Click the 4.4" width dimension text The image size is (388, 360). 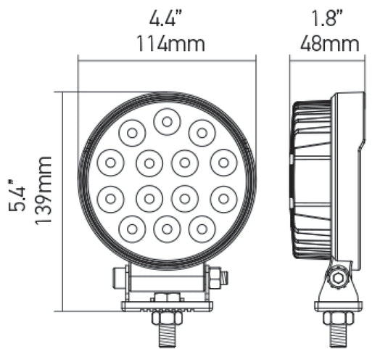tap(167, 18)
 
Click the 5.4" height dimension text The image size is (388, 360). tap(16, 196)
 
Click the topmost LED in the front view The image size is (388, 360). tap(167, 122)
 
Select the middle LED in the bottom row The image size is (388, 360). tap(167, 229)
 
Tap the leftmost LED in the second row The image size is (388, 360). tap(111, 163)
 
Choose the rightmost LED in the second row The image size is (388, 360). tap(223, 163)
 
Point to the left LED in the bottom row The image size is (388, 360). tap(132, 227)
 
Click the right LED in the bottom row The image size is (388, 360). tap(202, 227)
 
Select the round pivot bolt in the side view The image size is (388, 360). tap(335, 277)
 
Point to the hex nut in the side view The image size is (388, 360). tap(337, 317)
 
